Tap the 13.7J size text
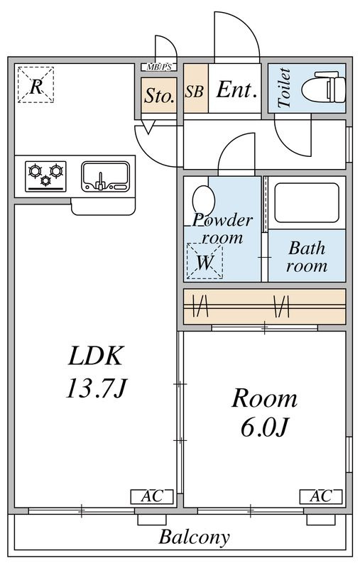(96, 388)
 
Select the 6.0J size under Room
(264, 427)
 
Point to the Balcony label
(194, 537)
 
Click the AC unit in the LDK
(152, 496)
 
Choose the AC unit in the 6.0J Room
(321, 496)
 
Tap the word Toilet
(284, 87)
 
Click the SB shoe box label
(195, 92)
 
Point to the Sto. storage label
(159, 96)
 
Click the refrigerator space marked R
(36, 84)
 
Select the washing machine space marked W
(204, 261)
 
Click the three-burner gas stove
(45, 176)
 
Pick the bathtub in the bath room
(307, 203)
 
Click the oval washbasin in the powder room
(204, 202)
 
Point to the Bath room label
(307, 258)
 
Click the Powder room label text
(222, 229)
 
